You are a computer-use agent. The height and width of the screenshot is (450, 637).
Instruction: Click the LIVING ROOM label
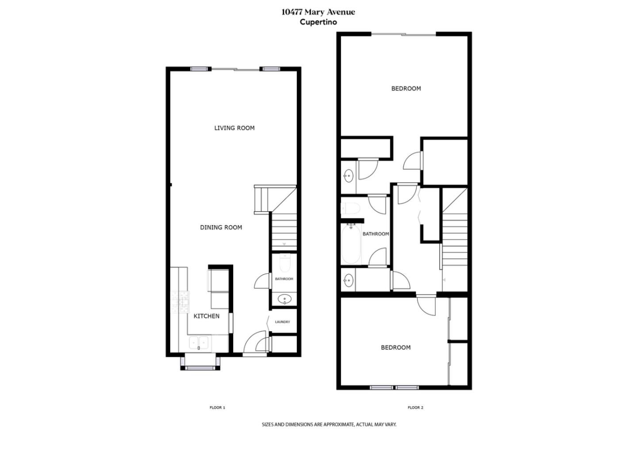[234, 128]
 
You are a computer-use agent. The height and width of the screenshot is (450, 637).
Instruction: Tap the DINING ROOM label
[221, 228]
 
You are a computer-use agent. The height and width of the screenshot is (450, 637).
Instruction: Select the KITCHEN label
[207, 316]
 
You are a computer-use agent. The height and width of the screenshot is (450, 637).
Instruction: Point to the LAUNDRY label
[282, 322]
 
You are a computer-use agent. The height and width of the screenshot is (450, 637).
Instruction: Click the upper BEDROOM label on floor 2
[406, 89]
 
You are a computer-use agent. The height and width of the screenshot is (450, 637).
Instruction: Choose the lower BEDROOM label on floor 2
[395, 348]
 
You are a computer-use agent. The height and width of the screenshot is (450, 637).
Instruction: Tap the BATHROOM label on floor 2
[376, 234]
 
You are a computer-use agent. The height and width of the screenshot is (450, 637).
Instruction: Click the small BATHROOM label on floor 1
[284, 279]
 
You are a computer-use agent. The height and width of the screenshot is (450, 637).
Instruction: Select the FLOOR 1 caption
[217, 407]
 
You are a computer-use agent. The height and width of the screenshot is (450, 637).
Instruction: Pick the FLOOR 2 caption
[415, 407]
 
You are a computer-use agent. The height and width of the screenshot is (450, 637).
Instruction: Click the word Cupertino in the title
[318, 22]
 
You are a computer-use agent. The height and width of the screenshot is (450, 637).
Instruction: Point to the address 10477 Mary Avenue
[318, 12]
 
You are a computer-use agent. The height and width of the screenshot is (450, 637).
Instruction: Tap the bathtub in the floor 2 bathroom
[352, 244]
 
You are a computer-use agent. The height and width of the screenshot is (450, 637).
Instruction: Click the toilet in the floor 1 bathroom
[284, 264]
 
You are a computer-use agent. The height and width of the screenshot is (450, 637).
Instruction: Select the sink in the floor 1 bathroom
[284, 299]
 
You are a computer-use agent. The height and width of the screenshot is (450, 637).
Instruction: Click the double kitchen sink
[199, 342]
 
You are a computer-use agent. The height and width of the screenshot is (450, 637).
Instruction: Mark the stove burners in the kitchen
[180, 301]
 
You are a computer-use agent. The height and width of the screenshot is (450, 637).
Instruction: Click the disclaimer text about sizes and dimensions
[329, 424]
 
